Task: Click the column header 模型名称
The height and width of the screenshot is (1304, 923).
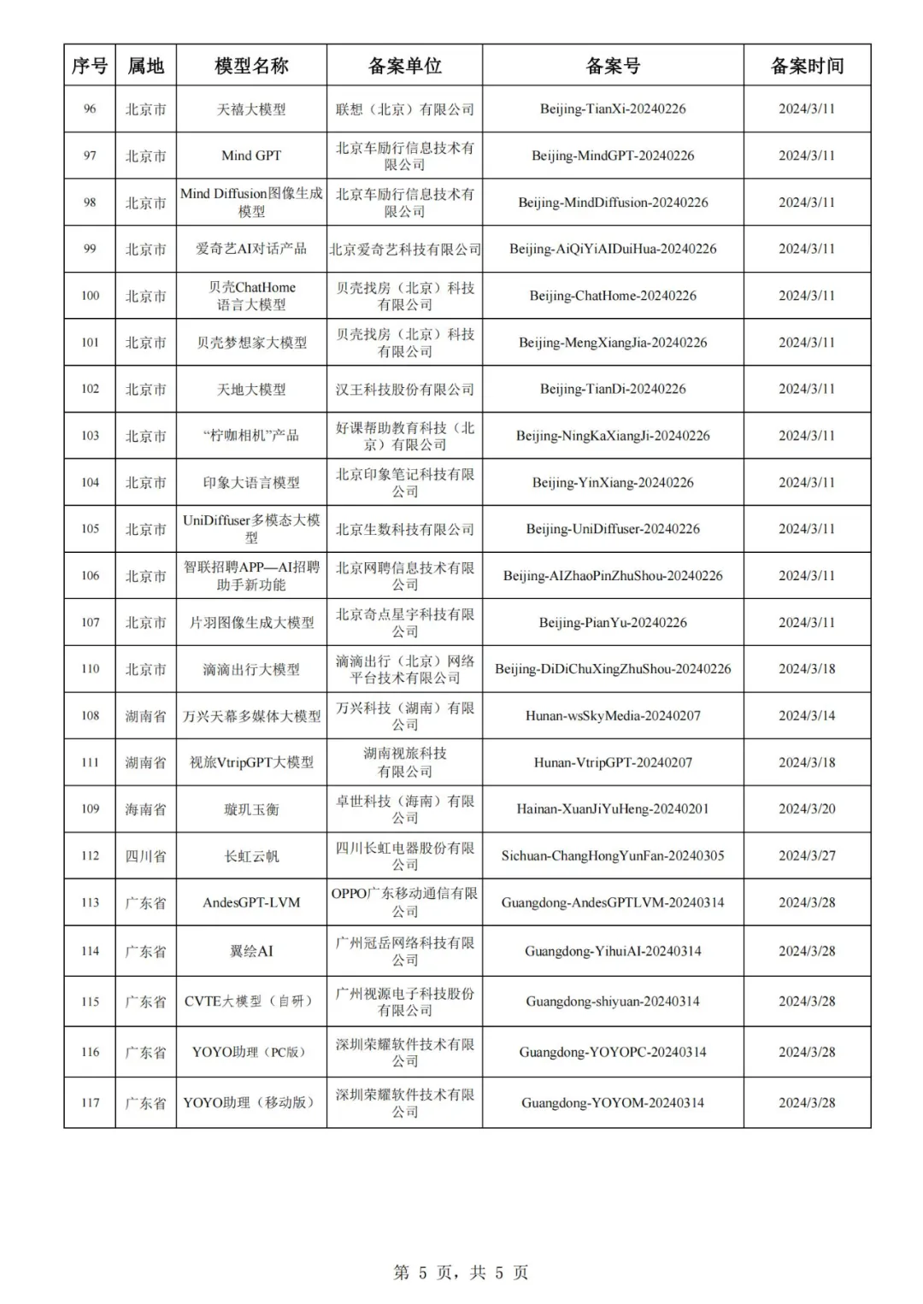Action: click(x=251, y=66)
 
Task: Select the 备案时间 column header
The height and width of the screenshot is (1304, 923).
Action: click(x=807, y=66)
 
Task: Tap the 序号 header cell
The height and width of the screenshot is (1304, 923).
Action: click(x=90, y=66)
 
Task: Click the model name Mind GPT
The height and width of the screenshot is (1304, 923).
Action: click(x=251, y=156)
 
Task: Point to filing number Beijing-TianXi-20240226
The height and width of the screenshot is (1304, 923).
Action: click(x=613, y=109)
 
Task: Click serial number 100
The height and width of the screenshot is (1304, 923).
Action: click(x=90, y=296)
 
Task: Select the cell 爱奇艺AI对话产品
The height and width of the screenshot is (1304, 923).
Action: click(x=251, y=249)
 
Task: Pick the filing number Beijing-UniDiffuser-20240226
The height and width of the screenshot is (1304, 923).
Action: click(x=613, y=529)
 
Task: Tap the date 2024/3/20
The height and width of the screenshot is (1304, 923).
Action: click(x=807, y=809)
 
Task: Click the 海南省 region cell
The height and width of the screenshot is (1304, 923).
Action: click(x=145, y=809)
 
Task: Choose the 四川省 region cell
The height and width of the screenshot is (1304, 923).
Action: click(x=145, y=856)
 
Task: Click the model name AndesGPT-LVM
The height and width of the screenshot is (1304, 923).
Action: click(x=251, y=902)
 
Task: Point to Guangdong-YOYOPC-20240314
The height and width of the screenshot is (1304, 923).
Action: click(x=613, y=1052)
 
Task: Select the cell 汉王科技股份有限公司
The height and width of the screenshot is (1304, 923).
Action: click(x=404, y=389)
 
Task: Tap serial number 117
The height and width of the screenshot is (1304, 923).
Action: click(x=90, y=1102)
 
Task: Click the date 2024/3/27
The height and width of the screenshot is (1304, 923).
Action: click(x=807, y=856)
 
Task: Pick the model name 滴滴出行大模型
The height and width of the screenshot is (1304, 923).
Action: click(x=251, y=669)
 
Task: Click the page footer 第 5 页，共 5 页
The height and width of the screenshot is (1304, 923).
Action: click(x=461, y=1272)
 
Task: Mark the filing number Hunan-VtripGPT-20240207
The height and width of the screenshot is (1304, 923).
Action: click(x=613, y=762)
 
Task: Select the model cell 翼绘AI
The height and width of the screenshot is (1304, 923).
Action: click(x=251, y=951)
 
